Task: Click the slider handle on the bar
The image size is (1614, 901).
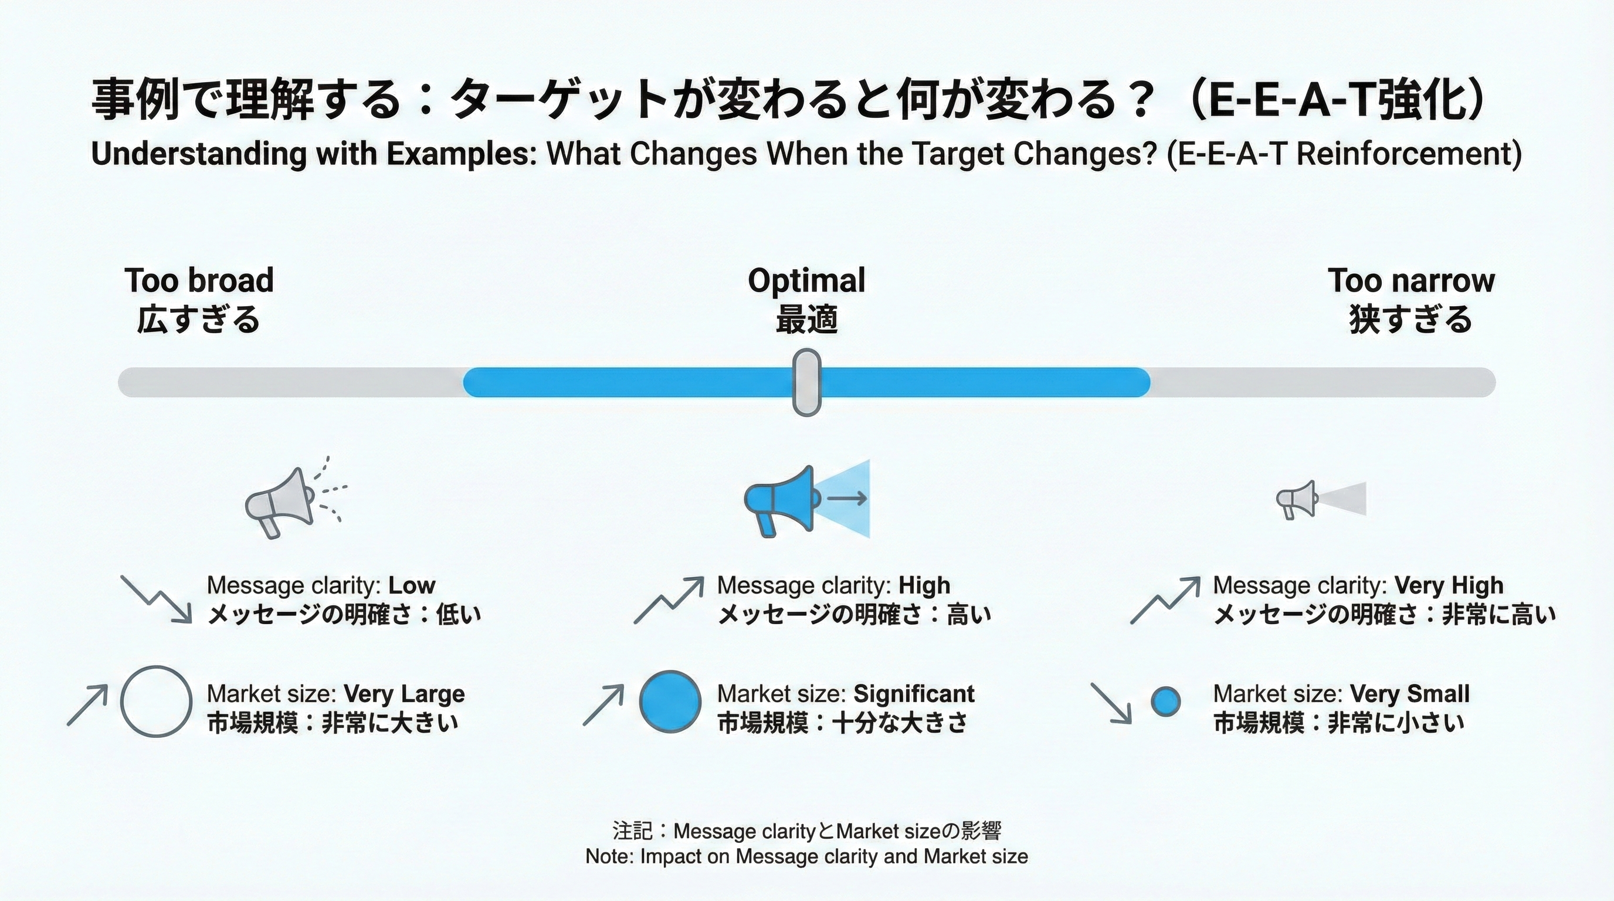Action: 806,382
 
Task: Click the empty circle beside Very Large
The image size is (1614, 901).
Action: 155,701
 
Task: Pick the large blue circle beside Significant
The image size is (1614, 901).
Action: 670,701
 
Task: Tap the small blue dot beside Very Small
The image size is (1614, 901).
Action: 1166,702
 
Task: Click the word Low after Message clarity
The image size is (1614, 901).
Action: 412,585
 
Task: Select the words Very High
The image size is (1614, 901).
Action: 1449,585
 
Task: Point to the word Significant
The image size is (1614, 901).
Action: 914,693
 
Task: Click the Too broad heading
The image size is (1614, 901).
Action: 199,280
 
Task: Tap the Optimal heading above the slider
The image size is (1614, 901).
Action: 806,280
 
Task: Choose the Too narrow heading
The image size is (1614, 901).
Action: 1411,280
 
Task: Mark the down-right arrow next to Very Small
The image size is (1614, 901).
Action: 1111,703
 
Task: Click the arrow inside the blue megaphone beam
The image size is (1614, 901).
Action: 847,498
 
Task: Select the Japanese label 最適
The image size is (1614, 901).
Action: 806,320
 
